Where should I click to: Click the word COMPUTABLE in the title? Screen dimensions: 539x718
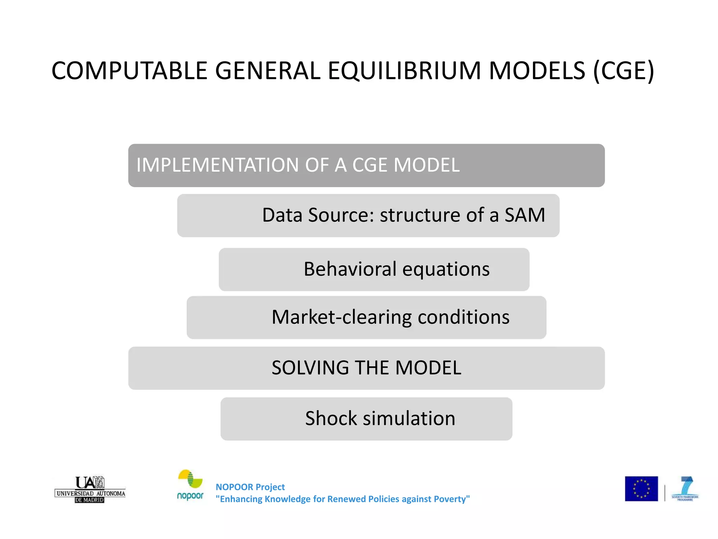point(129,71)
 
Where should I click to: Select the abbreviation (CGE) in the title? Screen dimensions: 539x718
point(623,71)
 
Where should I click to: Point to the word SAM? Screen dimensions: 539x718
point(524,215)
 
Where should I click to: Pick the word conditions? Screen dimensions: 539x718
point(463,317)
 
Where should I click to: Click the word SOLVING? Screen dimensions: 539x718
point(310,368)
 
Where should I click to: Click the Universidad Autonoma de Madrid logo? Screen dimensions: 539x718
point(90,490)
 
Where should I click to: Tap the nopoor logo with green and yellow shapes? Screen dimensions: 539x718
point(190,485)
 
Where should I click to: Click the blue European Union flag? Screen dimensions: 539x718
point(641,488)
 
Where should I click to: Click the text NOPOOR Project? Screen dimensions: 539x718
point(250,487)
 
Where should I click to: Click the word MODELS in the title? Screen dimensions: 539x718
point(537,71)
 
